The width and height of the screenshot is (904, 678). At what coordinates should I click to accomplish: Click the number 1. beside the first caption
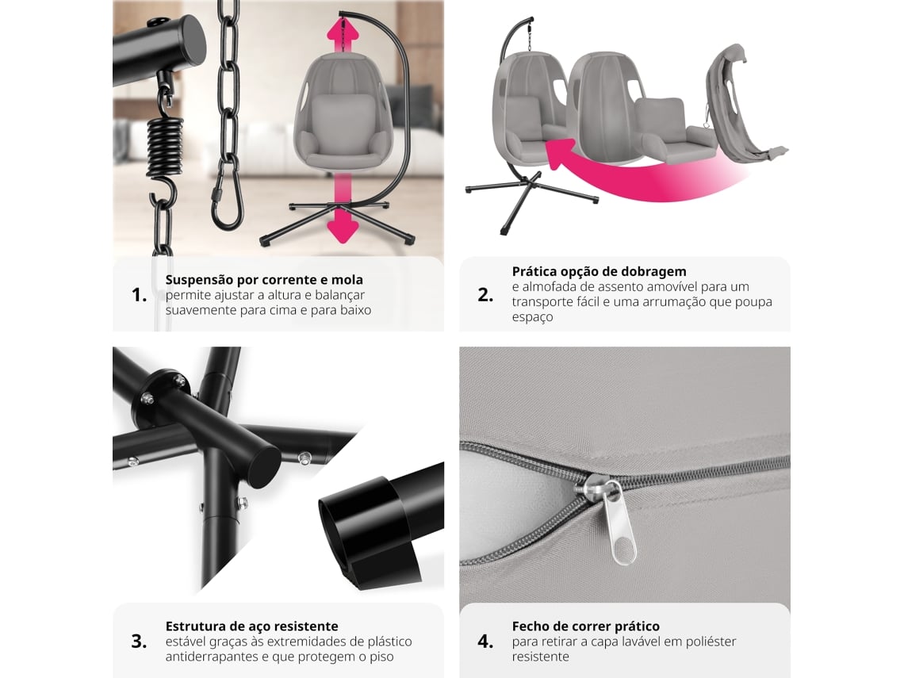click(140, 295)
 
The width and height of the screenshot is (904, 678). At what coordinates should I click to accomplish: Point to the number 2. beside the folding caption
click(485, 295)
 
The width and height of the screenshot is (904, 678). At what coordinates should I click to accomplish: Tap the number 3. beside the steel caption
click(139, 641)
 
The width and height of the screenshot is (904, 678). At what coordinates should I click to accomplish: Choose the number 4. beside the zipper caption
click(485, 641)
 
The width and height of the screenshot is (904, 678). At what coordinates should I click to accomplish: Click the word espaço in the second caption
click(532, 318)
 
